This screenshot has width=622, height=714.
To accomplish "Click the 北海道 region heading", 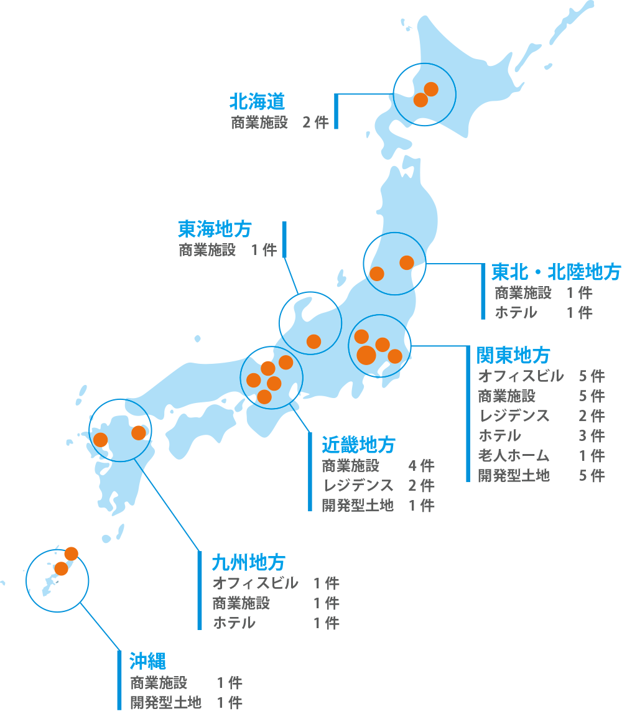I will pyautogui.click(x=257, y=101).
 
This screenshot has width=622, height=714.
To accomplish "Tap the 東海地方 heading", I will pyautogui.click(x=215, y=229).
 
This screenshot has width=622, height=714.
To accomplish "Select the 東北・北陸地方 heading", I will pyautogui.click(x=556, y=272).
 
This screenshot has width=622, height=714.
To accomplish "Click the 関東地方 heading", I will pyautogui.click(x=513, y=355).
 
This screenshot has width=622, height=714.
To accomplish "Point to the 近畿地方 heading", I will pyautogui.click(x=358, y=445).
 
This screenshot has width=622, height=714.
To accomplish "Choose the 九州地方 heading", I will pyautogui.click(x=248, y=562).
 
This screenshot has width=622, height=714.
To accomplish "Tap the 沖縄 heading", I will pyautogui.click(x=148, y=661).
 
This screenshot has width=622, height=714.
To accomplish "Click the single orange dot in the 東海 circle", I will pyautogui.click(x=313, y=341).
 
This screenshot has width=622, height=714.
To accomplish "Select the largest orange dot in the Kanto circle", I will pyautogui.click(x=366, y=355).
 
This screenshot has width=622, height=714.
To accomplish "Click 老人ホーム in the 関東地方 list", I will pyautogui.click(x=514, y=456).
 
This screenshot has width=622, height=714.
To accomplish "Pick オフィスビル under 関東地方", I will pyautogui.click(x=521, y=376).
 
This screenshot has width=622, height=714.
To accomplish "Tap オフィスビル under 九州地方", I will pyautogui.click(x=255, y=583).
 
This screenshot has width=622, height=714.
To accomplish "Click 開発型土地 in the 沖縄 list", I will pyautogui.click(x=165, y=703).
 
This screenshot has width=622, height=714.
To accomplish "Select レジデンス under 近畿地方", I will pyautogui.click(x=358, y=485).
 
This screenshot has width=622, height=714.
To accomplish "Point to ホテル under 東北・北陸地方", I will pyautogui.click(x=516, y=312).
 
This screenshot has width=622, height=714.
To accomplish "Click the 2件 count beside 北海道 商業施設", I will pyautogui.click(x=315, y=122).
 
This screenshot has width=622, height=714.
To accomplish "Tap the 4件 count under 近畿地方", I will pyautogui.click(x=421, y=465).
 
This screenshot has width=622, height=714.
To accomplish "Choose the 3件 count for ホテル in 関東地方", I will pyautogui.click(x=592, y=435).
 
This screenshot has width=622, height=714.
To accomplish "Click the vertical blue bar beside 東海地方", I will pyautogui.click(x=284, y=239).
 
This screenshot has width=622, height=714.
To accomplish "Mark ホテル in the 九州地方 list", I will pyautogui.click(x=234, y=623).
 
